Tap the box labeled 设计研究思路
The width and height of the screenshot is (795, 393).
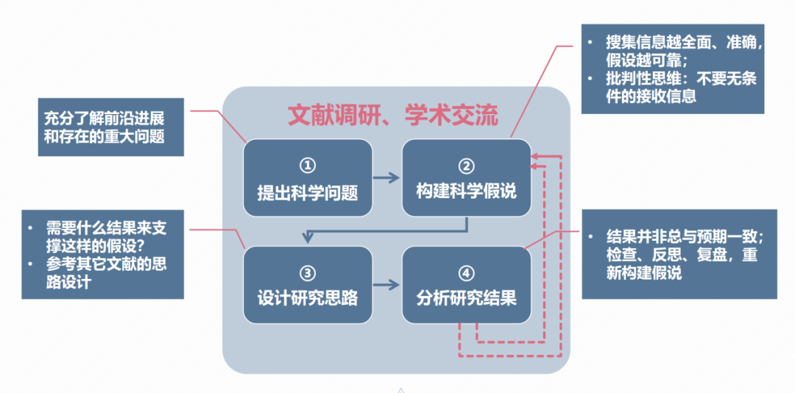click(308, 284)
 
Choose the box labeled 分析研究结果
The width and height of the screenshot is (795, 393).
click(466, 284)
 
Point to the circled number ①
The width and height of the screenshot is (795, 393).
click(308, 166)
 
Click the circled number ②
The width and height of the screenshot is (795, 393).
click(467, 166)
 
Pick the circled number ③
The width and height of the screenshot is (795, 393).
click(308, 273)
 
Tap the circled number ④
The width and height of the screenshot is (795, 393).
click(467, 273)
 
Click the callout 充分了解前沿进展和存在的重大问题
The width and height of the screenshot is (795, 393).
click(110, 127)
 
